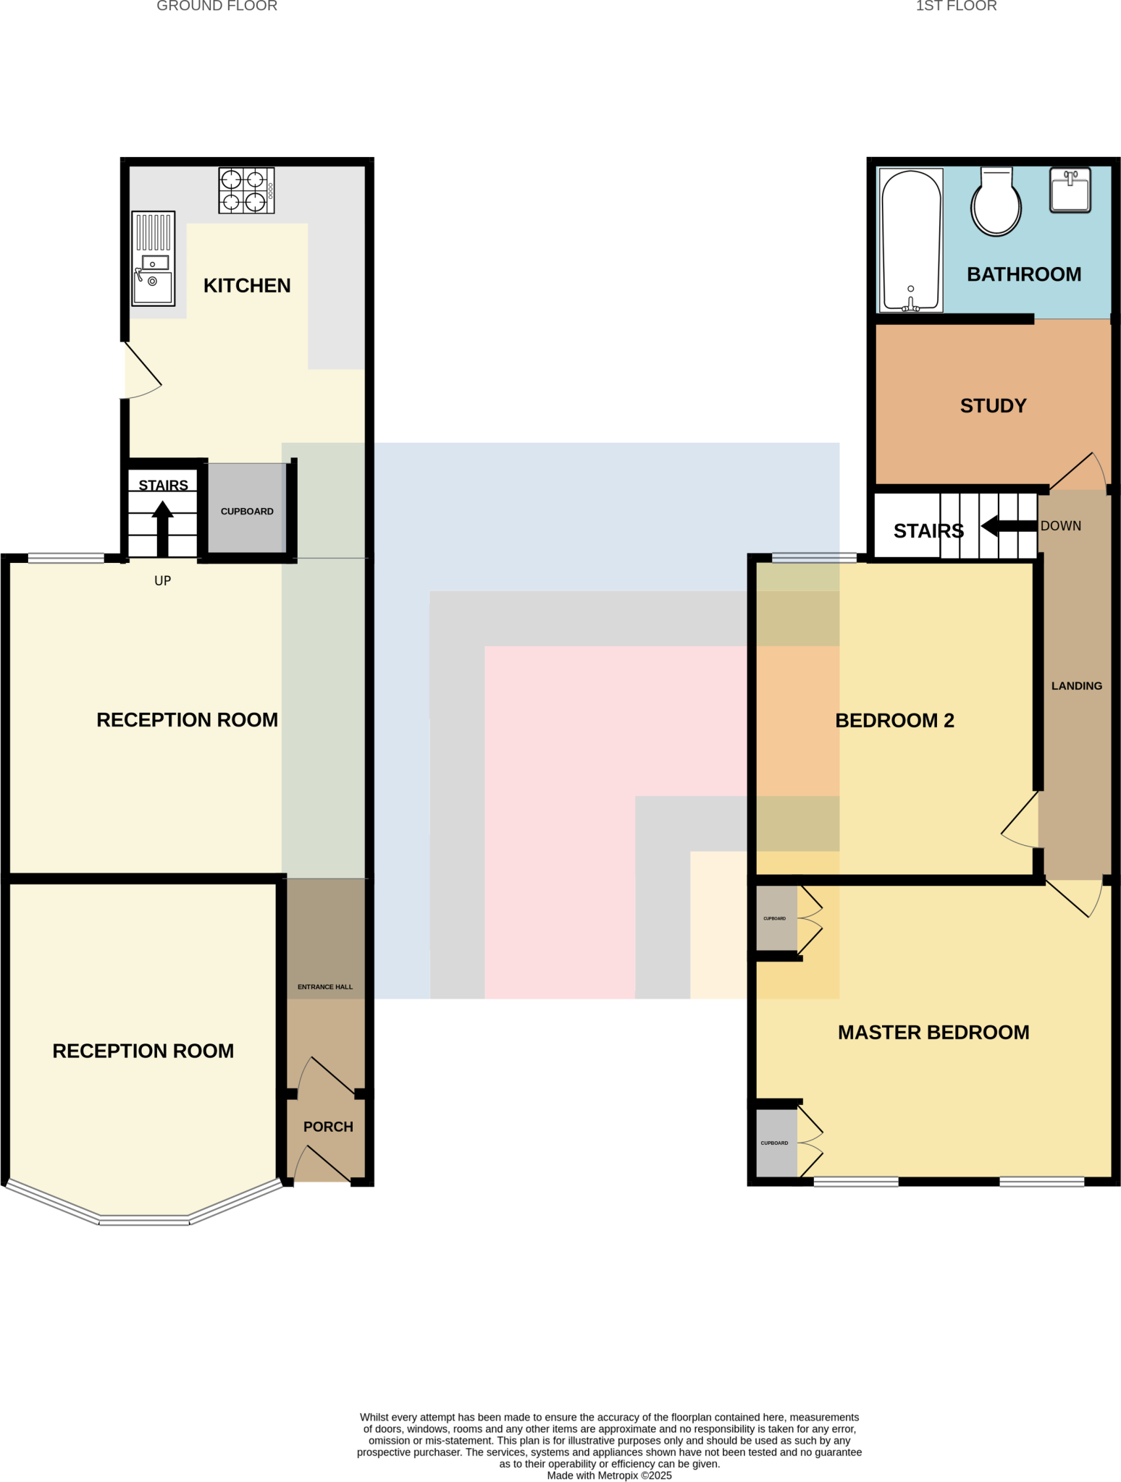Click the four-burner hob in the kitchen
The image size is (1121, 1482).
coord(246,190)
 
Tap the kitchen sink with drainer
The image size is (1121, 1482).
coord(154,258)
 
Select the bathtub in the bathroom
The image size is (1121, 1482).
coord(911,241)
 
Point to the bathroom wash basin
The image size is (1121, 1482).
coord(1070,190)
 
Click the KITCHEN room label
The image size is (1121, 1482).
coord(247,286)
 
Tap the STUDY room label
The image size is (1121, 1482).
coord(993,406)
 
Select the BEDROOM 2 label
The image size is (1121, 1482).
coord(894,721)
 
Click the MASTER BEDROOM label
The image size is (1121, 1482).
coord(933,1033)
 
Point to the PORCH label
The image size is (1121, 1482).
coord(328,1127)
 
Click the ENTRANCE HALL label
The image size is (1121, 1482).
coord(325,987)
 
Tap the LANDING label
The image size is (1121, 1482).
coord(1076,686)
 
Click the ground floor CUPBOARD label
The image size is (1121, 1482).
coord(247,512)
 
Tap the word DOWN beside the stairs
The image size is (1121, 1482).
coord(1060,526)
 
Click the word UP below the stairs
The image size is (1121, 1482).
coord(163,580)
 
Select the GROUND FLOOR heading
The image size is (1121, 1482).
coord(217,7)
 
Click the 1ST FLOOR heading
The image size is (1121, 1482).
coord(956,7)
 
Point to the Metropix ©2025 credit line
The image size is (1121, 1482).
coord(609,1475)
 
